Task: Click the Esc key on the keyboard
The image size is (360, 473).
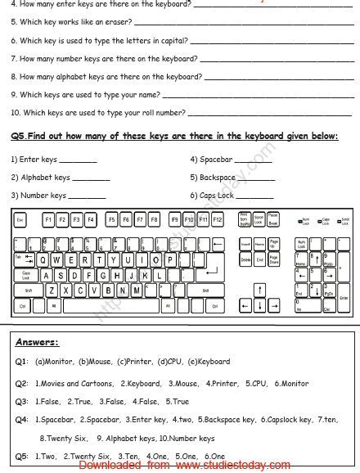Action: (20, 220)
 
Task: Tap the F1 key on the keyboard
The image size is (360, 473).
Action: (49, 220)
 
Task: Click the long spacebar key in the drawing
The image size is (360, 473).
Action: (110, 305)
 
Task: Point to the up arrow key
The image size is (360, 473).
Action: (259, 290)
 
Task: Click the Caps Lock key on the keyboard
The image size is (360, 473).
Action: (25, 274)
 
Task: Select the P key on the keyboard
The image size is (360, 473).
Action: (169, 259)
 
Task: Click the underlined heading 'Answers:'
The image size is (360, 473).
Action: (36, 343)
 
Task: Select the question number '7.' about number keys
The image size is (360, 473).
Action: (14, 58)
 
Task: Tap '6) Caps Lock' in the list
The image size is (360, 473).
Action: (212, 196)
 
